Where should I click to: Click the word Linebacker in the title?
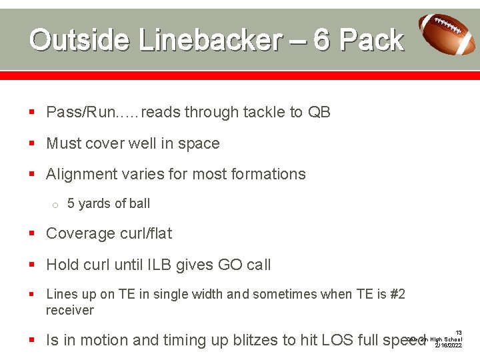[211, 40]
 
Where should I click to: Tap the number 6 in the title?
[321, 40]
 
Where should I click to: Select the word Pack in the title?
[371, 40]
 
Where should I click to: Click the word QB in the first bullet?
[319, 112]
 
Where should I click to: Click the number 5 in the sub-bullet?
[71, 204]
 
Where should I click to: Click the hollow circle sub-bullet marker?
[56, 205]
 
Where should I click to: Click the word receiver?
[70, 310]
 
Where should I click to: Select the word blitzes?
[257, 340]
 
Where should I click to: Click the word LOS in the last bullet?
[337, 340]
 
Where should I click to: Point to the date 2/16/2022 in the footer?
[448, 346]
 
